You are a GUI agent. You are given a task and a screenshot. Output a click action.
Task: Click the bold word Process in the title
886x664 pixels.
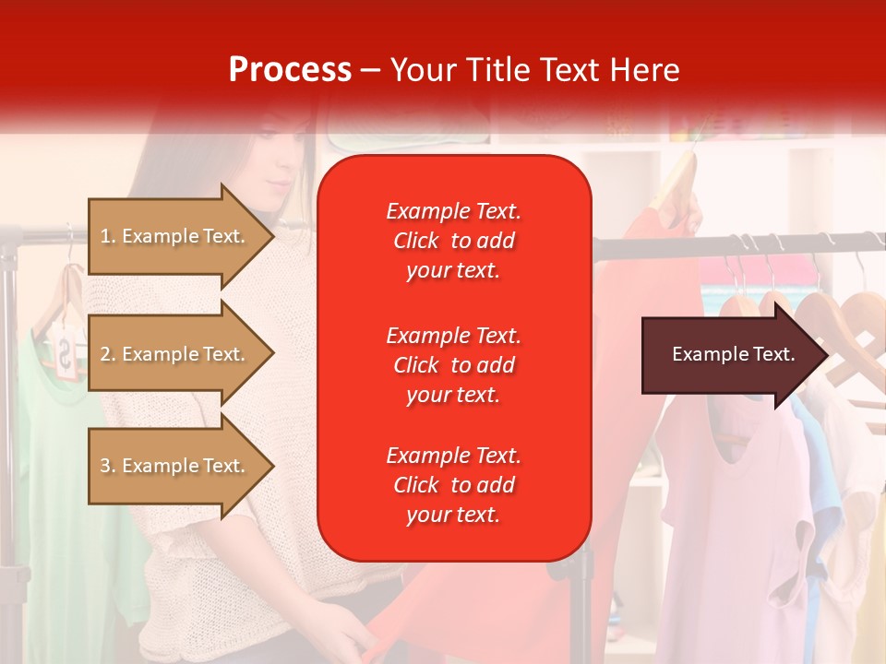coord(289,70)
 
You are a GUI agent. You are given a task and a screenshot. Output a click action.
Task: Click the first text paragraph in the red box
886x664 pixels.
coord(453,241)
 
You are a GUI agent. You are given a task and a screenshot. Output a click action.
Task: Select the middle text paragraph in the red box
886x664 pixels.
coord(453,365)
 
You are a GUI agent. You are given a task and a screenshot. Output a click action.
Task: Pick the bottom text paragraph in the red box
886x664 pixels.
coord(453,485)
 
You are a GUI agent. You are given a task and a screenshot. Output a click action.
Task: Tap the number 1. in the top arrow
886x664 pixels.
coord(108,236)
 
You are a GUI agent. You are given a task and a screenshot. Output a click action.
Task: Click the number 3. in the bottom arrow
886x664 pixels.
coord(108,466)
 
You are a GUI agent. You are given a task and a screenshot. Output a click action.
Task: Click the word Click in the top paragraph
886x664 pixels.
coord(416,241)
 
